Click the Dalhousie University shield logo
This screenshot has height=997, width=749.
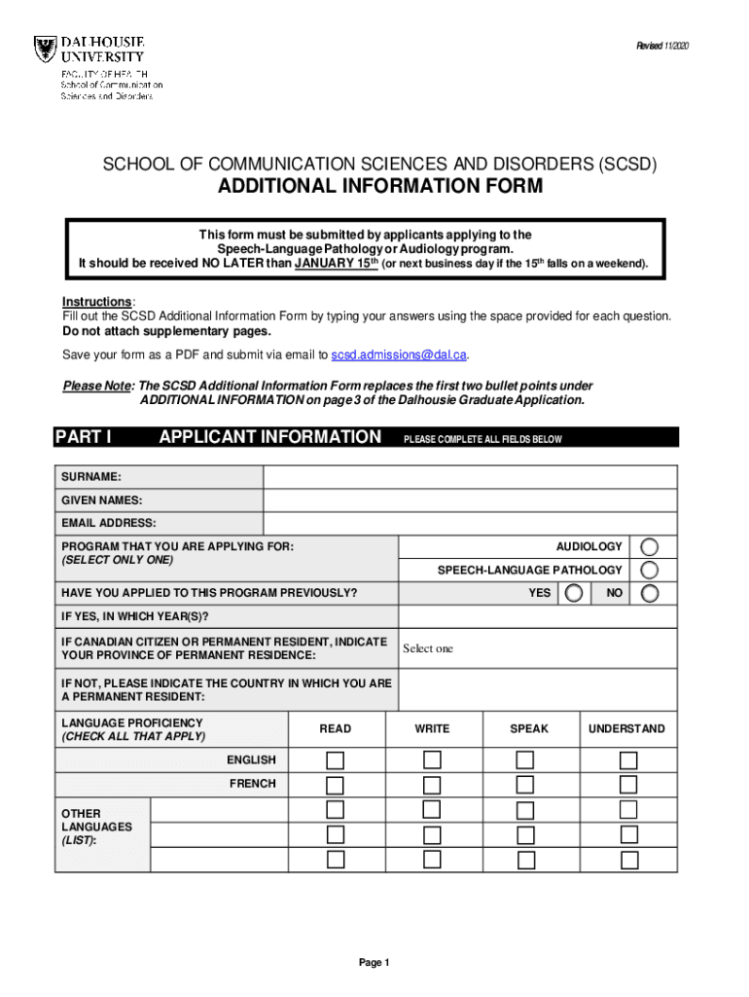click(45, 52)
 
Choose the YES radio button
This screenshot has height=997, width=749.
click(575, 593)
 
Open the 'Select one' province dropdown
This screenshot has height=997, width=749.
click(537, 648)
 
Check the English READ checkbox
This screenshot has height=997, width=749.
click(336, 760)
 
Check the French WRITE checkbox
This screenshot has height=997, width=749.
click(432, 785)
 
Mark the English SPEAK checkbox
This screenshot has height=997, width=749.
click(525, 760)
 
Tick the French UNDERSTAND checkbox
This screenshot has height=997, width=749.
click(628, 785)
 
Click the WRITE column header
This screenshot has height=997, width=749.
click(432, 728)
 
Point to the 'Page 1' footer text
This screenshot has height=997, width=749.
click(374, 963)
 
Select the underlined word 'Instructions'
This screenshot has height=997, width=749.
click(97, 302)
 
